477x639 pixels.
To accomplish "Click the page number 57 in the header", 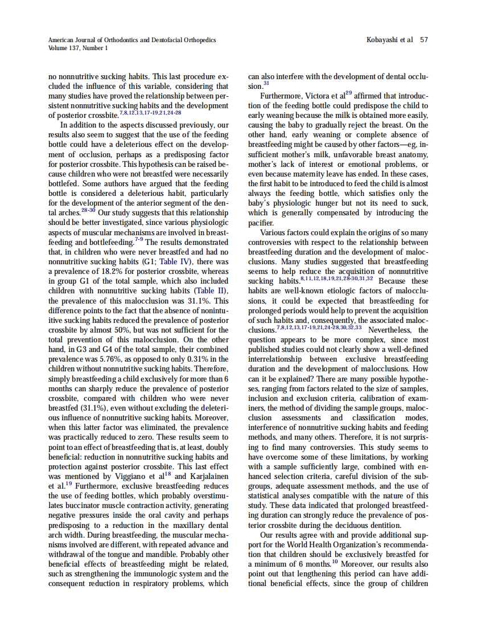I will pyautogui.click(x=423, y=40).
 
